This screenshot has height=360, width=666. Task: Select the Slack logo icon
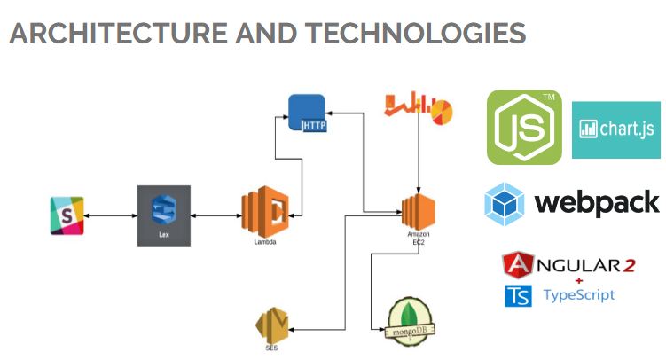tap(67, 215)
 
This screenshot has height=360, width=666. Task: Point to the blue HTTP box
tap(307, 113)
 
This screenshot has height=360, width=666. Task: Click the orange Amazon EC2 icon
tap(418, 211)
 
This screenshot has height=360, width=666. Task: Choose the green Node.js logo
tap(524, 127)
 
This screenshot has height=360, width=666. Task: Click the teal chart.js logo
tap(616, 129)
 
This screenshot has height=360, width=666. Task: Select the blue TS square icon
tap(518, 296)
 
